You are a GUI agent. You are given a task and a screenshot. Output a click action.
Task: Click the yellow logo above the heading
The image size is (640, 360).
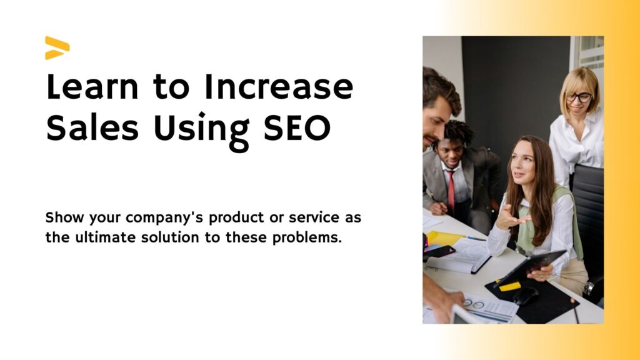57,47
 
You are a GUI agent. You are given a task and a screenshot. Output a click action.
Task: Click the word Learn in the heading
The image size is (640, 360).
92,86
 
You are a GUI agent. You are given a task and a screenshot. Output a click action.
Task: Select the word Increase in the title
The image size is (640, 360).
279,86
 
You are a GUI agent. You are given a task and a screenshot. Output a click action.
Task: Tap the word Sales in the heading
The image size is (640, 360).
92,127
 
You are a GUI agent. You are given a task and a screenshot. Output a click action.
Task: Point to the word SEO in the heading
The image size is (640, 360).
297,127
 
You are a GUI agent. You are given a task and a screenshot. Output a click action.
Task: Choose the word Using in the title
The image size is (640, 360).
201,131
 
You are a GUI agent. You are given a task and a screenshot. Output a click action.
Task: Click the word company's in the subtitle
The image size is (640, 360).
164,218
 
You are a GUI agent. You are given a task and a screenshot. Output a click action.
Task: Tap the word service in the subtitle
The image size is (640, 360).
314,217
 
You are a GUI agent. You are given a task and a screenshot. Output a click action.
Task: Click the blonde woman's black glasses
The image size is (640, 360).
579,97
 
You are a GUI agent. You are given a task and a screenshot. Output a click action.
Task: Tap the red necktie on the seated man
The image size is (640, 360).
451,190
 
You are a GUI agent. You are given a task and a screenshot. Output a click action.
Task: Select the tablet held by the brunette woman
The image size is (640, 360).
530,267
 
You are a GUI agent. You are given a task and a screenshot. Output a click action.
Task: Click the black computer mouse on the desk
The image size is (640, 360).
525,296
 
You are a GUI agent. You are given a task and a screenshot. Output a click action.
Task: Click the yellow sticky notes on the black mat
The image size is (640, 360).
510,286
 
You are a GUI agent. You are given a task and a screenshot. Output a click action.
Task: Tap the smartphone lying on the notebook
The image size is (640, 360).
439,251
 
